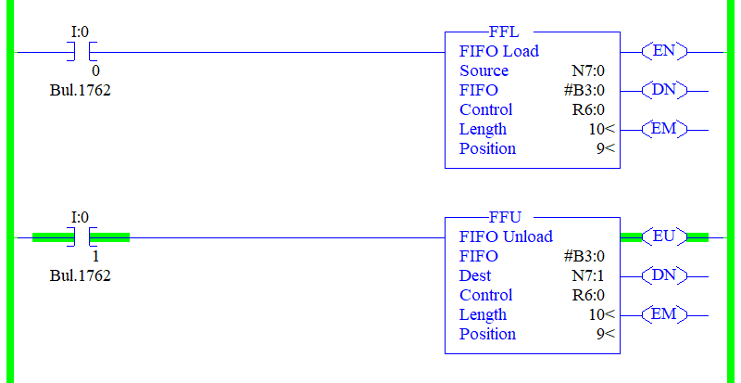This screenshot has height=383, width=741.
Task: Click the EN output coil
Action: (x=664, y=52)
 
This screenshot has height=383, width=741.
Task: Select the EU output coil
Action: (x=664, y=237)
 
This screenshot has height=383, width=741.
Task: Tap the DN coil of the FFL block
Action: (x=664, y=91)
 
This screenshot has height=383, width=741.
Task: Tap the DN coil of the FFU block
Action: (x=664, y=276)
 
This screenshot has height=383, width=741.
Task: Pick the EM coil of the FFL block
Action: (x=664, y=129)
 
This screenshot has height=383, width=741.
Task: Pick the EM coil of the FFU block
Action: (x=664, y=314)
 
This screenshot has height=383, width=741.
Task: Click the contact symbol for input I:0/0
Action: (x=82, y=52)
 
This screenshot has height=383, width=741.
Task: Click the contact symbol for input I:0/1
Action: (x=82, y=237)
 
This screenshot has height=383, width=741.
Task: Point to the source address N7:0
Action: (x=588, y=71)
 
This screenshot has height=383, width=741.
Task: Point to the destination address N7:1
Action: (x=588, y=276)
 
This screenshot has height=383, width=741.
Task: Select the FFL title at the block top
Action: (x=505, y=32)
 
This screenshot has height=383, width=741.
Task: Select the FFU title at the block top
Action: (x=505, y=218)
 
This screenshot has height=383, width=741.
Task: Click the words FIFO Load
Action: (x=499, y=51)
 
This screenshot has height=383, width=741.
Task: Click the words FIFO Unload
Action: (x=506, y=236)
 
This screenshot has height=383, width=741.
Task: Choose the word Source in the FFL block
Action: (x=484, y=71)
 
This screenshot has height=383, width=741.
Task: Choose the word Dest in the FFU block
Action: (x=475, y=276)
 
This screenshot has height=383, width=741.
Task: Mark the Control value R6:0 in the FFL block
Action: (x=588, y=109)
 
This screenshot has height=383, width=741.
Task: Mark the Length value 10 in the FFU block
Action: (x=596, y=314)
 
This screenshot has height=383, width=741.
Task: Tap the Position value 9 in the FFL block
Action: (x=599, y=148)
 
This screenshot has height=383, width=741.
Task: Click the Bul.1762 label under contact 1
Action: (x=80, y=275)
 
